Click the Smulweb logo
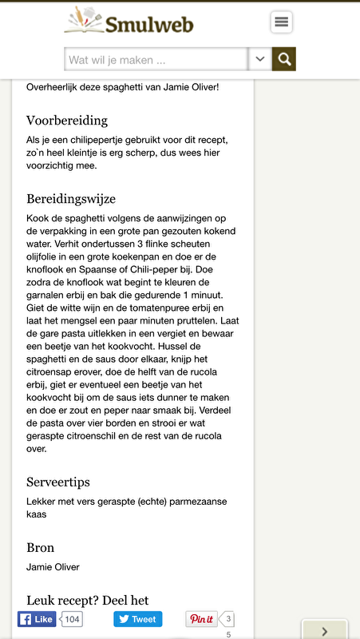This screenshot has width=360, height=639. tap(129, 22)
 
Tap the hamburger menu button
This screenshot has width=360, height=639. tap(281, 22)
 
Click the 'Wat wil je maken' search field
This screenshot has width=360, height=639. tap(156, 60)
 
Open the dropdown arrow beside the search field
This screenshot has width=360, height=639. tap(260, 60)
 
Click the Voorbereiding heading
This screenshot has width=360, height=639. tap(67, 121)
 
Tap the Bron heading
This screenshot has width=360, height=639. tap(41, 548)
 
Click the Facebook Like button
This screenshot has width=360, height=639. tap(37, 619)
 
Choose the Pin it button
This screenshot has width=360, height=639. tap(201, 619)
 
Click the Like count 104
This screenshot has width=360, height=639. tap(72, 619)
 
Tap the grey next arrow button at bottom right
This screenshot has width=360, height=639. tap(324, 630)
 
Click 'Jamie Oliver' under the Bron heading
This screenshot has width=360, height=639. tap(53, 567)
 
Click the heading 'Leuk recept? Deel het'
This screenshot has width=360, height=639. tap(88, 600)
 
